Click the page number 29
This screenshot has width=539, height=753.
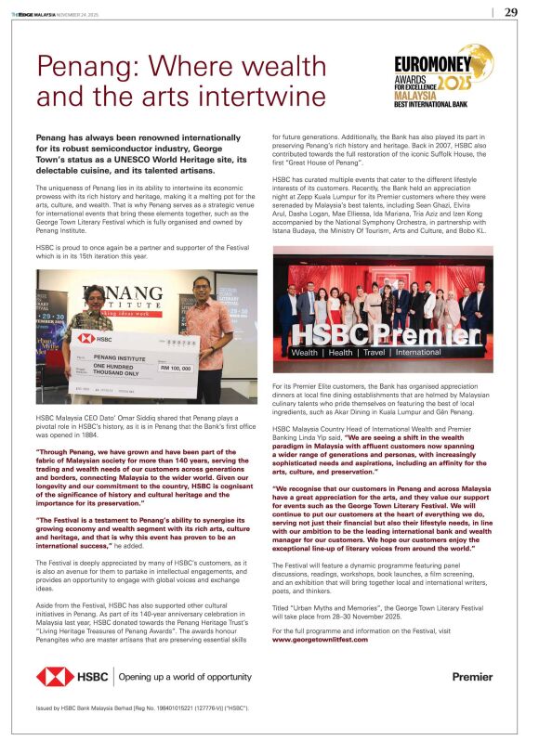511,12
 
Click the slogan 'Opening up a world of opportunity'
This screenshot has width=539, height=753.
183,677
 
